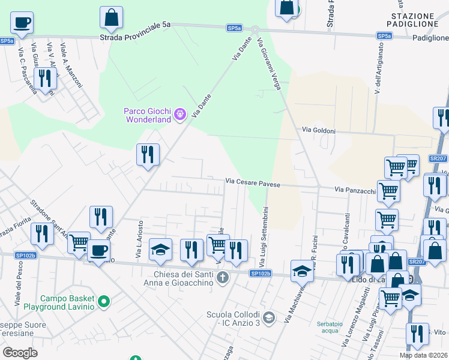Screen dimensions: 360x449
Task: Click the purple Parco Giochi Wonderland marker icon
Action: click(x=179, y=114)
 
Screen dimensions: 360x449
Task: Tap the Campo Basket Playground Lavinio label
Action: click(x=67, y=302)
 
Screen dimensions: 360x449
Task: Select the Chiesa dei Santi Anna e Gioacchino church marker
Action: click(x=223, y=277)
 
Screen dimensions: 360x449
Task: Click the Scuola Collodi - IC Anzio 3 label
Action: click(x=233, y=319)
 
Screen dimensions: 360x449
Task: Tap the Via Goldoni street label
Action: click(x=318, y=130)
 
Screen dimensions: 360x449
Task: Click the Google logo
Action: click(x=19, y=352)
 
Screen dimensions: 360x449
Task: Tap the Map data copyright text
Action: click(x=424, y=355)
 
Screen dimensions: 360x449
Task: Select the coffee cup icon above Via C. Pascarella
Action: click(x=22, y=23)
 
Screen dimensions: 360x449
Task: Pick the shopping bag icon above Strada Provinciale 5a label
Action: click(x=111, y=17)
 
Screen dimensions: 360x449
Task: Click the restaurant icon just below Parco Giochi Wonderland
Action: click(x=148, y=155)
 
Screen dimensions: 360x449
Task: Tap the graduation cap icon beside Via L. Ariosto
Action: click(x=160, y=250)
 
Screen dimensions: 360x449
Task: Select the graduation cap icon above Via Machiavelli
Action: click(x=302, y=271)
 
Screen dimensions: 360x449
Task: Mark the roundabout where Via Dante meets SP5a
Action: click(x=255, y=29)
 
